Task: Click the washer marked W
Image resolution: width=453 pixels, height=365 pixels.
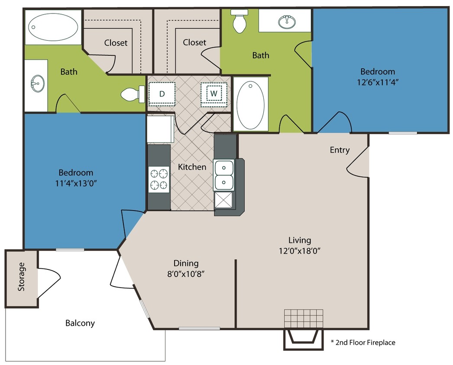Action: [214, 93]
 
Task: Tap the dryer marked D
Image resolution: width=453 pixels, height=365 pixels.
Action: [162, 93]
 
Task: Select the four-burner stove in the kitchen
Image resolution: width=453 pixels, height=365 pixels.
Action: [159, 180]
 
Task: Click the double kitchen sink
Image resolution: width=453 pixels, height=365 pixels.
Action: [224, 175]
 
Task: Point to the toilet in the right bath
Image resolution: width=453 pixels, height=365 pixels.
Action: [239, 22]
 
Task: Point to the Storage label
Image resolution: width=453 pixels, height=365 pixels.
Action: [21, 277]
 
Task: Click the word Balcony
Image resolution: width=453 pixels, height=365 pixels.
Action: [80, 323]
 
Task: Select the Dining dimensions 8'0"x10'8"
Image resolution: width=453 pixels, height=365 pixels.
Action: [186, 273]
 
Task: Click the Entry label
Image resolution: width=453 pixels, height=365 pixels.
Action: [340, 150]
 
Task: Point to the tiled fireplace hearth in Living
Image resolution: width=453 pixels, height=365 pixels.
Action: [304, 319]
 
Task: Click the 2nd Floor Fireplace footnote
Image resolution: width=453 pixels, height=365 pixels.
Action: [363, 343]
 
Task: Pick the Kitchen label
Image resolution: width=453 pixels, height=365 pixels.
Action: [192, 166]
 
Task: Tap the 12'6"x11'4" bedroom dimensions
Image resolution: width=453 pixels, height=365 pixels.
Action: [378, 82]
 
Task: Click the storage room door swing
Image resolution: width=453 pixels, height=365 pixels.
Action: [49, 282]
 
